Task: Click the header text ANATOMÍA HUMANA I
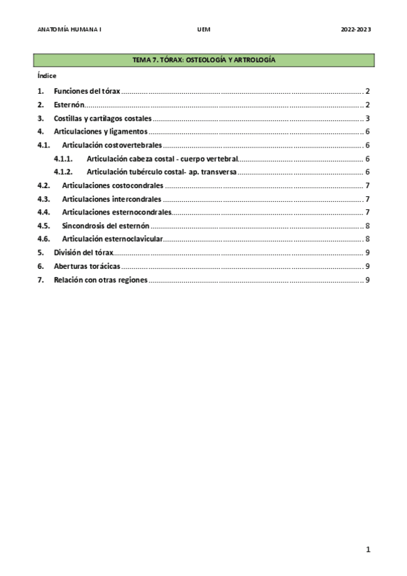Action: tap(70, 30)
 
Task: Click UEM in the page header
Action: tap(203, 30)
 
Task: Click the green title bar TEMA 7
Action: tap(204, 61)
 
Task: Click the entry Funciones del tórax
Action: tap(87, 91)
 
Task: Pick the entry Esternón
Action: tap(69, 105)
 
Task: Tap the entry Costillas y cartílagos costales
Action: tap(103, 118)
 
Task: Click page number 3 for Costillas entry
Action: tap(367, 118)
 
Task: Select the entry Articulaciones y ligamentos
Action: tap(101, 132)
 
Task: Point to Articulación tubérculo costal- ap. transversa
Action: tap(162, 172)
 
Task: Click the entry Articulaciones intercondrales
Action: tap(111, 199)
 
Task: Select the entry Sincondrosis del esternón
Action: tap(105, 226)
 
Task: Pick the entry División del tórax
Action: tap(84, 253)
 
